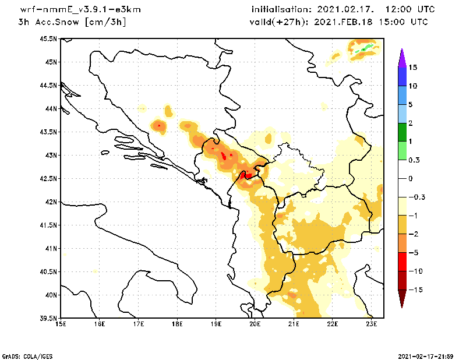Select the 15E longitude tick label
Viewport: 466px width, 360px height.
(x=60, y=324)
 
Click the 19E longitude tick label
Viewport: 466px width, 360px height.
(x=216, y=324)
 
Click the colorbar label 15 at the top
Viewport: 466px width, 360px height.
(x=413, y=68)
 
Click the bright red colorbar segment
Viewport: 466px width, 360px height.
(x=402, y=262)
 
